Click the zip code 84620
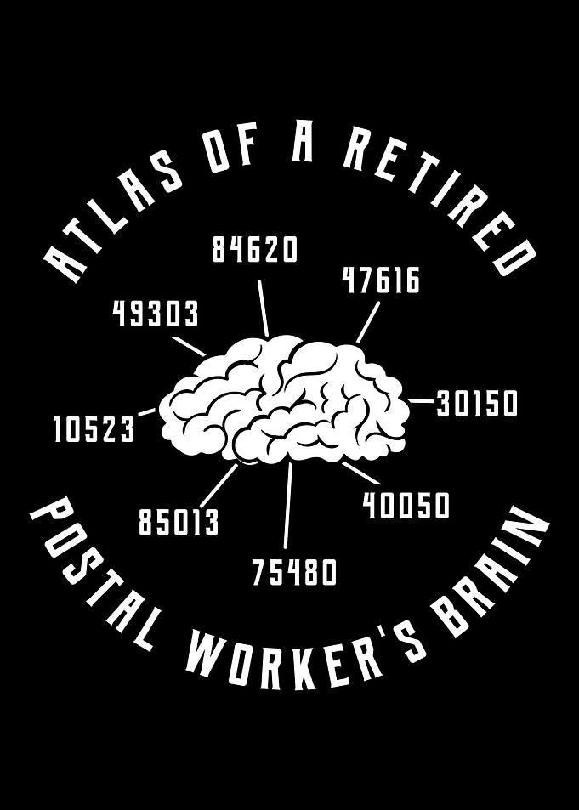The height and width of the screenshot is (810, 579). [x=255, y=250]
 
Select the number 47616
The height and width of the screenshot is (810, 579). [x=381, y=280]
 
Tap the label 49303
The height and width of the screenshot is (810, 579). [x=155, y=314]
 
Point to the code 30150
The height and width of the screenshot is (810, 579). [x=477, y=404]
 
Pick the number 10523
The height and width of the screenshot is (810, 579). [x=94, y=430]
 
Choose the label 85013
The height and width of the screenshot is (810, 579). [x=179, y=522]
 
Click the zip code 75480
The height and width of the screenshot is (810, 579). [x=294, y=572]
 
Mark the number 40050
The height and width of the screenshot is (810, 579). [x=406, y=506]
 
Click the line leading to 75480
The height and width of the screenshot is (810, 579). [x=288, y=505]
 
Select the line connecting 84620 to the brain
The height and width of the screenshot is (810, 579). [x=264, y=309]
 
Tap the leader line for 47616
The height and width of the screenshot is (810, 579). [x=368, y=323]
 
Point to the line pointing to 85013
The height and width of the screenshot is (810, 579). [x=219, y=485]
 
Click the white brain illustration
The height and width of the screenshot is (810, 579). [x=284, y=399]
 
